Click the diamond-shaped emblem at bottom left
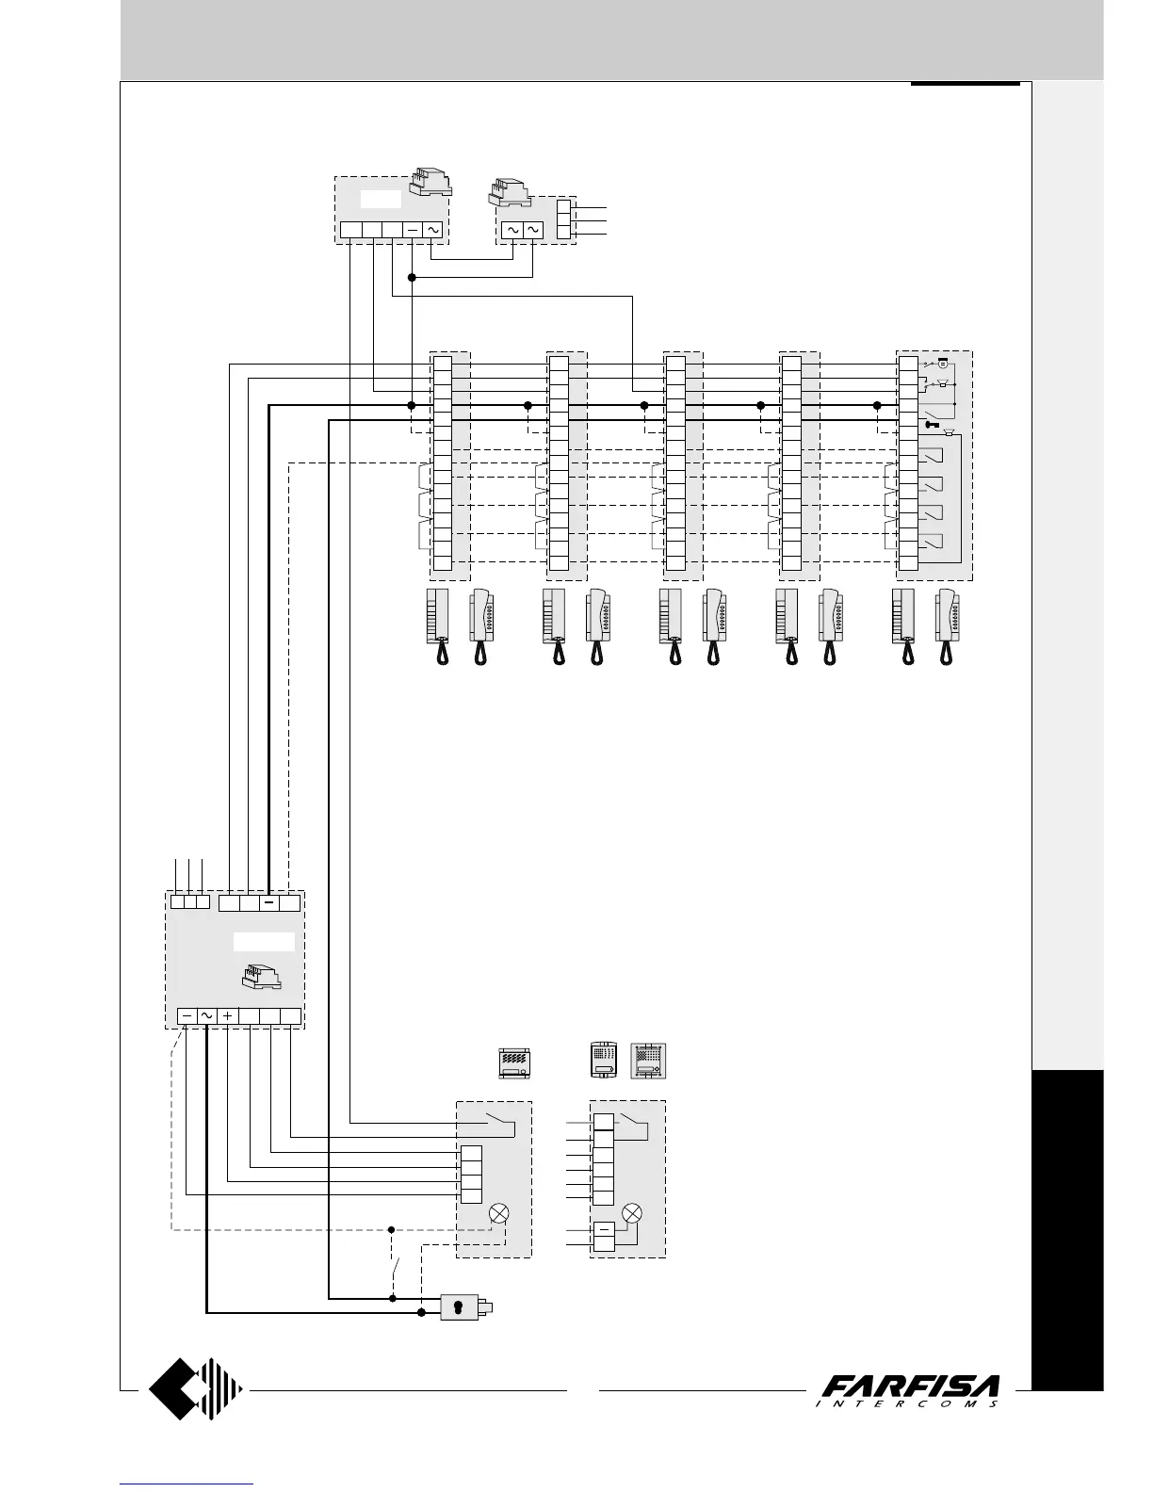coord(196,1388)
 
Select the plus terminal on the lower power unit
coord(228,1017)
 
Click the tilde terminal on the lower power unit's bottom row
coord(207,1017)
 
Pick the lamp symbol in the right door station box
coord(634,1212)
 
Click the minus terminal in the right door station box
coord(603,1228)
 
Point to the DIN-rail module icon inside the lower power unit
coord(262,977)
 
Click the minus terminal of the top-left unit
coord(413,230)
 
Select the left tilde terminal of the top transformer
coord(512,230)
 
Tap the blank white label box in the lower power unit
coord(264,942)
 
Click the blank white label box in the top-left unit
coord(381,199)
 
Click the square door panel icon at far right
coord(648,1061)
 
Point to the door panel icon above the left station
coord(514,1063)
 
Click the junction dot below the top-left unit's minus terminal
coord(412,277)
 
